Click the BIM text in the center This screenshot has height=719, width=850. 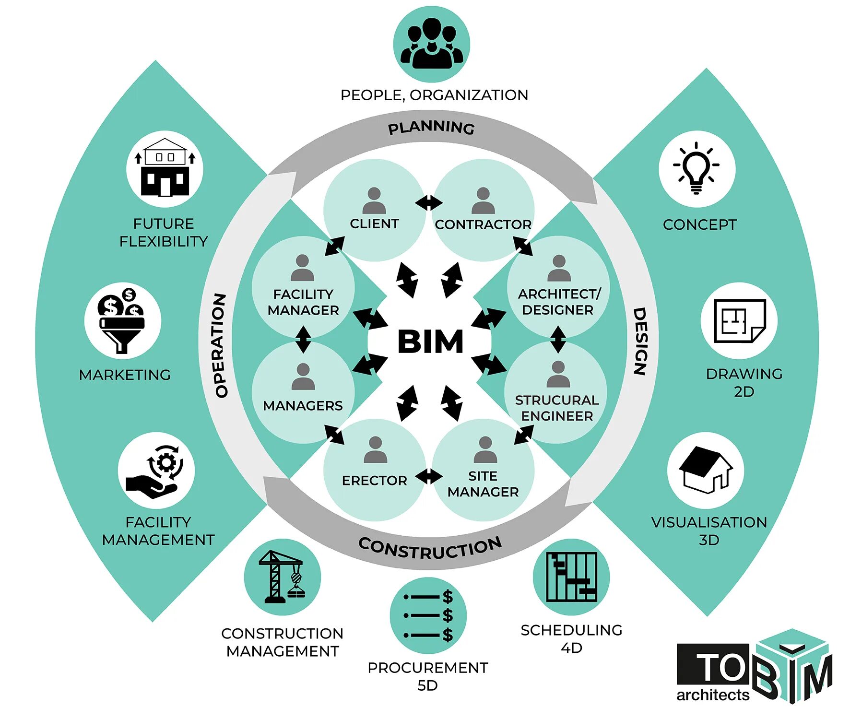[x=430, y=342]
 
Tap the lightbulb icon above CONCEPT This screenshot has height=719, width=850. [x=697, y=168]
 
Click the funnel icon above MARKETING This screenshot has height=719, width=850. [x=122, y=320]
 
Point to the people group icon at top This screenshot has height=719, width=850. [x=431, y=44]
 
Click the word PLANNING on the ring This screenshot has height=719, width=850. [x=431, y=128]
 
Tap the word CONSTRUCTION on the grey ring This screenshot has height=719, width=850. [x=430, y=548]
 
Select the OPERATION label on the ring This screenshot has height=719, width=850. [x=220, y=345]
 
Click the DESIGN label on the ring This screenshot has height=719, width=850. [x=640, y=341]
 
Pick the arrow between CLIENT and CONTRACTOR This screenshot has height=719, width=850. [x=429, y=202]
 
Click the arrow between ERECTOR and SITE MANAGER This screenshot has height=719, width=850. [x=429, y=477]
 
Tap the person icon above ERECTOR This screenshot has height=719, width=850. [x=375, y=449]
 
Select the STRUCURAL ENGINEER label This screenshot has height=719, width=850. [x=557, y=408]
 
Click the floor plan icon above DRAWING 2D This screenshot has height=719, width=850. [x=739, y=320]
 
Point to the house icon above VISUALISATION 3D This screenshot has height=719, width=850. [x=706, y=470]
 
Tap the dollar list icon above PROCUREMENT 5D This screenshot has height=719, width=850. [x=428, y=615]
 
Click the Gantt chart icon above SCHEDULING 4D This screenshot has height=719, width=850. [x=571, y=577]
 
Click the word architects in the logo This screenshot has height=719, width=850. [x=713, y=695]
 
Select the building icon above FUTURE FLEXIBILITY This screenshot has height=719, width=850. [x=165, y=168]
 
